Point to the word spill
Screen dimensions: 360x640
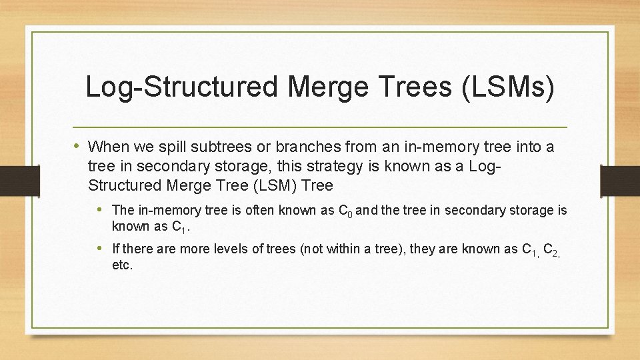tap(166, 147)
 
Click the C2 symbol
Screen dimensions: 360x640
tap(551, 251)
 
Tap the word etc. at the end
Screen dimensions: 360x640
tap(123, 265)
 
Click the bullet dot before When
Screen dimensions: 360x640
tap(77, 146)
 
